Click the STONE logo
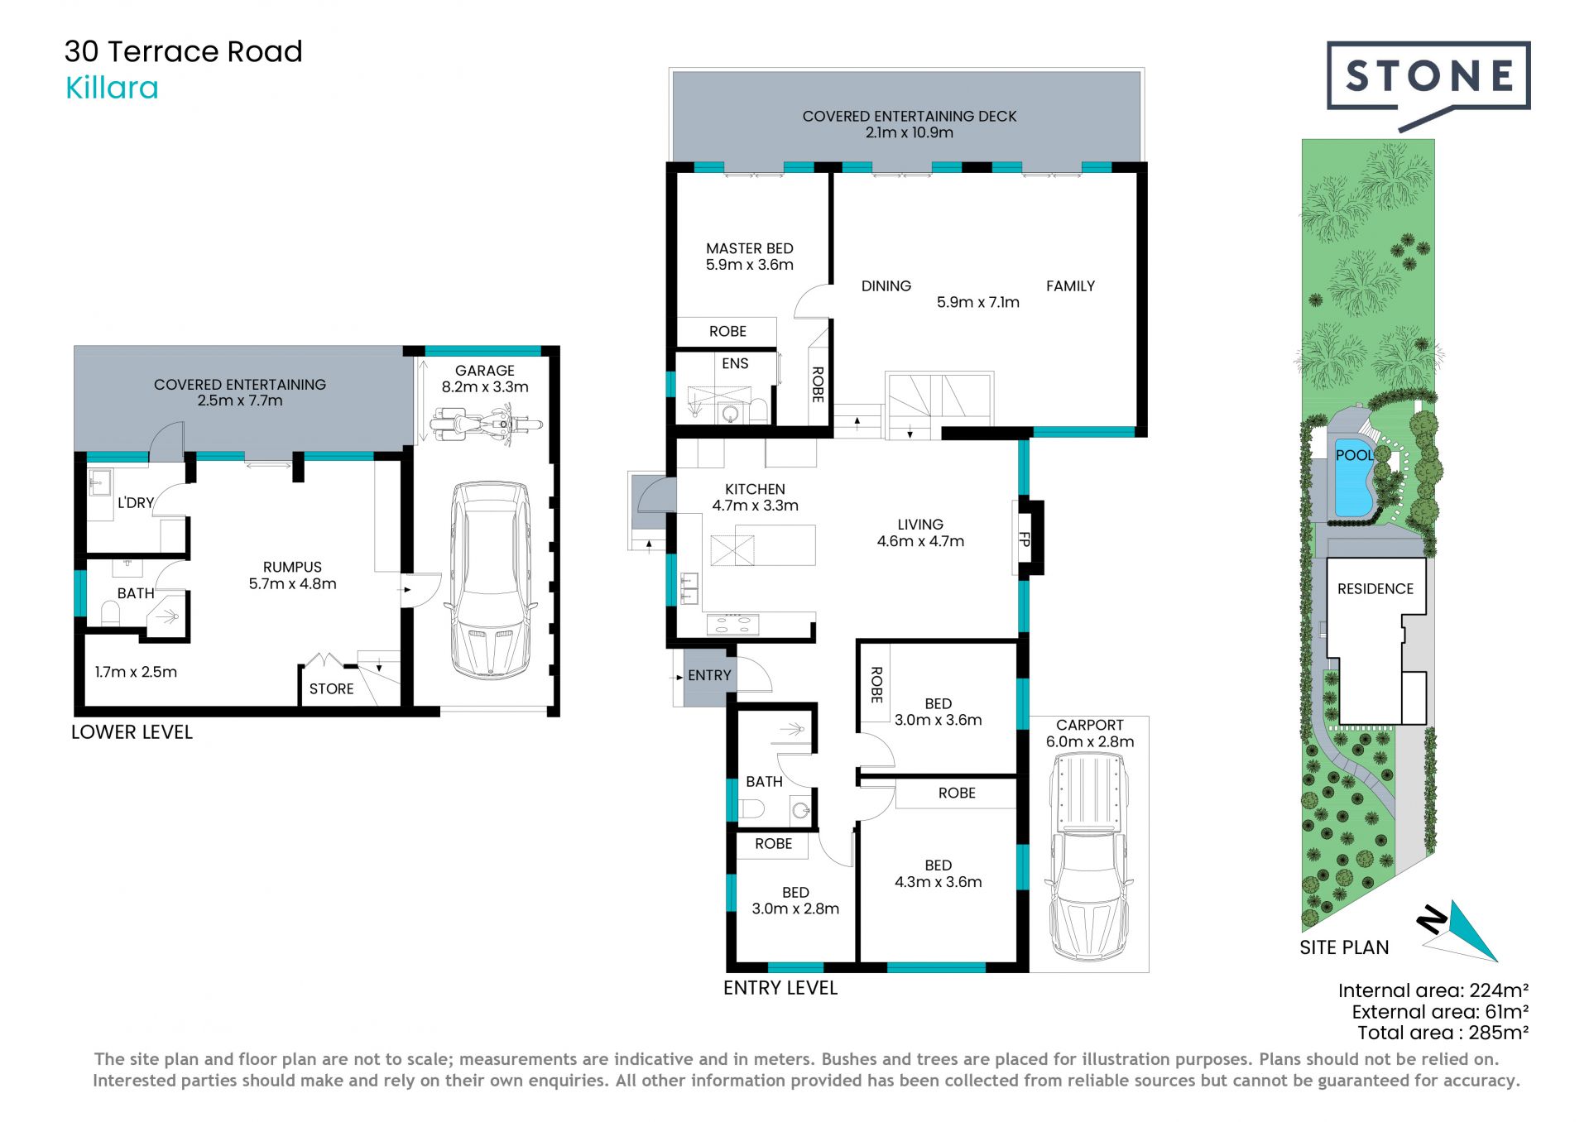tap(1428, 83)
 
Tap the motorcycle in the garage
tap(486, 425)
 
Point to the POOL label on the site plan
tap(1354, 455)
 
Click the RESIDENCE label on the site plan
tap(1375, 588)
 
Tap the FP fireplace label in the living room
tap(1025, 539)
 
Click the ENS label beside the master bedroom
tap(735, 363)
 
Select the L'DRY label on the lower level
tap(136, 502)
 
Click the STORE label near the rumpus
tap(331, 688)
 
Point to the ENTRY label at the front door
tap(709, 675)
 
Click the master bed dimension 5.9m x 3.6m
tap(750, 265)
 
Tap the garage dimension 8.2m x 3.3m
tap(485, 386)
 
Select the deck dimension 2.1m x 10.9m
tap(910, 132)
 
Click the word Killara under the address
tap(112, 88)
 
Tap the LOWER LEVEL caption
tap(132, 732)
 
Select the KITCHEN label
tap(755, 489)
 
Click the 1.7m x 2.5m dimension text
tap(136, 672)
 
